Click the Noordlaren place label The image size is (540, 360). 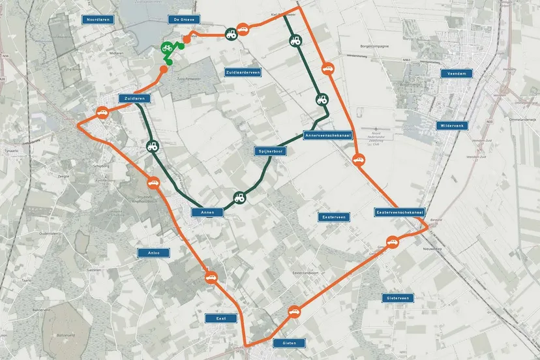pos(100,20)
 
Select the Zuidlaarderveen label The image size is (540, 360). pos(243,72)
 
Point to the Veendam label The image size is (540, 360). pos(455,74)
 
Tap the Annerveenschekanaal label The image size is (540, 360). pos(328,136)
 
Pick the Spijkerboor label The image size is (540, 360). pos(270,151)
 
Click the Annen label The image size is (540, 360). pos(207,212)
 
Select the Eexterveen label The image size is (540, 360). pos(335,217)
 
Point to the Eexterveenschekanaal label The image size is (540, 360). pos(400,213)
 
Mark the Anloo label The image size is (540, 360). pos(154,252)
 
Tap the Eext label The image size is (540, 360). pos(221,318)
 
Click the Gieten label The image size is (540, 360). pos(285,343)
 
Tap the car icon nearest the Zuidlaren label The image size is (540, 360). pos(102,112)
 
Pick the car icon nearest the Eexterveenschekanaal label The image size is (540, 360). pos(392,243)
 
